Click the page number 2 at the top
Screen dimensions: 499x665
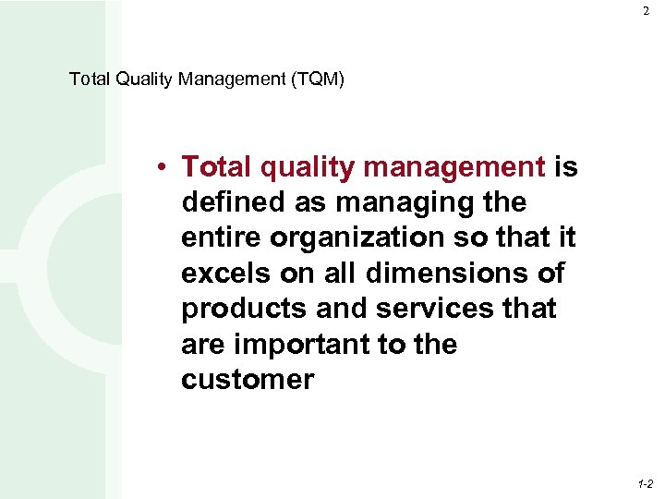(x=647, y=11)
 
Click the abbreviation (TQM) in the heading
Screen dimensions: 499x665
(x=317, y=79)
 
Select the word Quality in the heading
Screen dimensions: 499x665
(x=146, y=79)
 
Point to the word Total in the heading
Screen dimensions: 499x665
(x=91, y=79)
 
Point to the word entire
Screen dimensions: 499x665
(x=222, y=237)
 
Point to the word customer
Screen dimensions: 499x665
(x=248, y=379)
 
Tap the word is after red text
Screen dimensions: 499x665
(x=565, y=166)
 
